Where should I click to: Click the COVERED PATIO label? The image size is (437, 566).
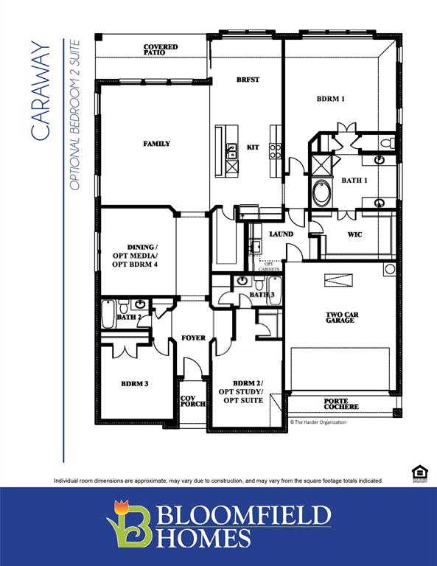(160, 50)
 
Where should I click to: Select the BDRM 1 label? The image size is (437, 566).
(331, 99)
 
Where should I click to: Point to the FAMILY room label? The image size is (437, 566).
(156, 144)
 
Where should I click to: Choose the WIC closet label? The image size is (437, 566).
(354, 234)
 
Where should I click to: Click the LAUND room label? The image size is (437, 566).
(281, 234)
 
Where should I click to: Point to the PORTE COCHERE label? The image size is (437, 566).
(341, 404)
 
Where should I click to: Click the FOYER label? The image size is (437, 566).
(193, 338)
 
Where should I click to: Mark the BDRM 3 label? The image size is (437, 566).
(135, 383)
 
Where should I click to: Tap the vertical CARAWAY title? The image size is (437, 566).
(41, 92)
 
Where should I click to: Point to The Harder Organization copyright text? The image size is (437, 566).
(318, 422)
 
